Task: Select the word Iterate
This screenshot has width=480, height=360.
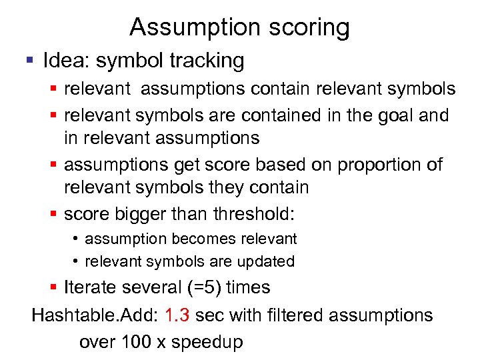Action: click(91, 288)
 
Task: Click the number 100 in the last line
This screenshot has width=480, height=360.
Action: click(136, 343)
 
